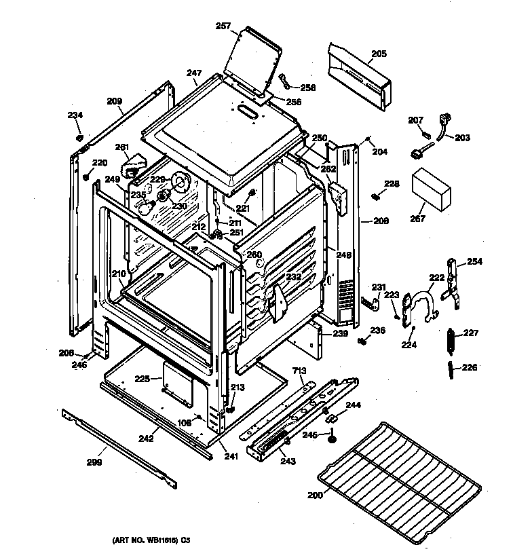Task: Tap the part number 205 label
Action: [379, 54]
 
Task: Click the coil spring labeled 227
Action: [449, 339]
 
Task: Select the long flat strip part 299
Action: [119, 447]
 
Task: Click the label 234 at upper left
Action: [75, 115]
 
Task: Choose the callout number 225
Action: [142, 379]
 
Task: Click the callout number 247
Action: [195, 72]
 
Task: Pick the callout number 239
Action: [340, 333]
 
